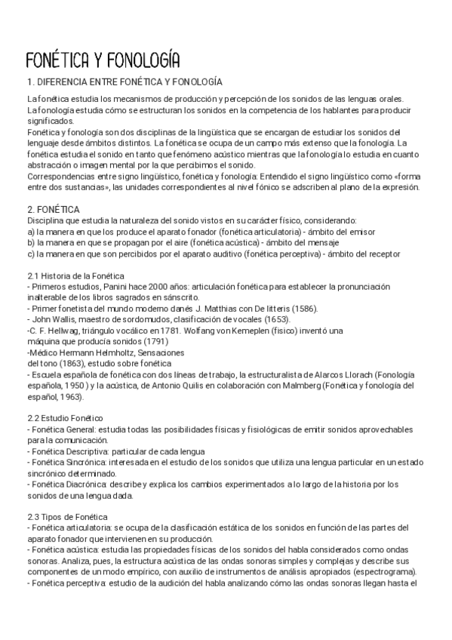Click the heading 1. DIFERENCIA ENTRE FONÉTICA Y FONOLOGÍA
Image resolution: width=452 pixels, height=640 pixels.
tap(124, 82)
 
